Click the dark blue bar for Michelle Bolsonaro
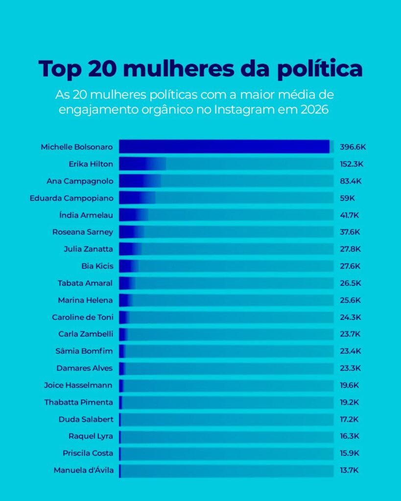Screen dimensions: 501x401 point(224,147)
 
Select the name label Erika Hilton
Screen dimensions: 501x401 point(91,164)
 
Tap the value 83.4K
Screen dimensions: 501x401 point(351,181)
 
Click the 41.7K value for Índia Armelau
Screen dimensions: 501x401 point(350,215)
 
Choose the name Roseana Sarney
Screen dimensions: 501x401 point(83,232)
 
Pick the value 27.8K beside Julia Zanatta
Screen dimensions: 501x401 point(350,249)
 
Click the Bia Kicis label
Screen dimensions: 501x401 point(97,266)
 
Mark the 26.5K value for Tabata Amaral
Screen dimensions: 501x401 point(350,283)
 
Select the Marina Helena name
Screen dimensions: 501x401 point(85,300)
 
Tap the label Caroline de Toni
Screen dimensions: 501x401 point(82,317)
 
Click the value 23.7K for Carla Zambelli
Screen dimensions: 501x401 point(350,334)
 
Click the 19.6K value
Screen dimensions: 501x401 point(350,385)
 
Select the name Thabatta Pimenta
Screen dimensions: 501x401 point(79,402)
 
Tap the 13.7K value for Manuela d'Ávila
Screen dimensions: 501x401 point(350,470)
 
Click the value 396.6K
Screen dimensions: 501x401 point(353,147)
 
